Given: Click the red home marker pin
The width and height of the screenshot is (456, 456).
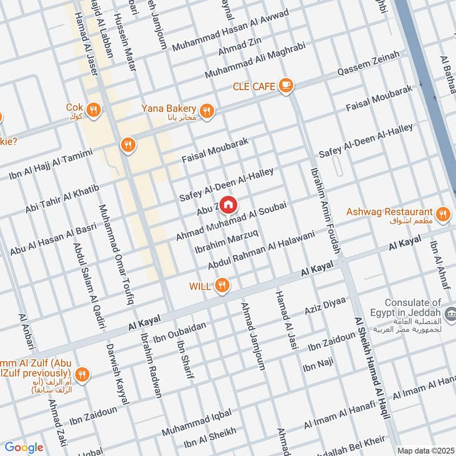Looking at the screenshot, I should tap(228, 205).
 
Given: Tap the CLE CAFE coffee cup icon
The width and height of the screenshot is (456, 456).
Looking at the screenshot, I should tap(286, 86).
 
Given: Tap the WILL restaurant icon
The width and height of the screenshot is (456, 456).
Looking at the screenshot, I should tap(222, 286).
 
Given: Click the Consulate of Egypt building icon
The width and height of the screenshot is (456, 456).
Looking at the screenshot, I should tap(450, 313).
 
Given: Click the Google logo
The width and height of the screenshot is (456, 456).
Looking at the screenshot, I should tap(24, 447).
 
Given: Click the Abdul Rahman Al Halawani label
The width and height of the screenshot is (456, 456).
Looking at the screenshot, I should tap(261, 250).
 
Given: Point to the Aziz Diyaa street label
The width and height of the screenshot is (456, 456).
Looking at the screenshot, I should tap(325, 308).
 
